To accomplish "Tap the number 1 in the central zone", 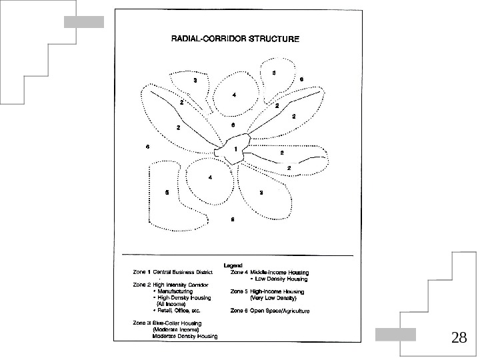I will tap(235, 149).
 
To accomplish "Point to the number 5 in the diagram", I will tap(167, 192).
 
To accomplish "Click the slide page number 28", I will tap(458, 337).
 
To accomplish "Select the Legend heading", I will tap(233, 265).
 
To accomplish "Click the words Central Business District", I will tap(181, 272).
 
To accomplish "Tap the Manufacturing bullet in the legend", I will tap(175, 291).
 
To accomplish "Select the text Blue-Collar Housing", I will tap(177, 323).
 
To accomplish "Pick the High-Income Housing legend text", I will tap(277, 291).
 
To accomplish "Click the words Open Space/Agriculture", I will tap(279, 311).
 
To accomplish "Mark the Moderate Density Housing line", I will tap(185, 336).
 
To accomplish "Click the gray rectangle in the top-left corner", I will tap(84, 22).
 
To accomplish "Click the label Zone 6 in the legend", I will tap(239, 311).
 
